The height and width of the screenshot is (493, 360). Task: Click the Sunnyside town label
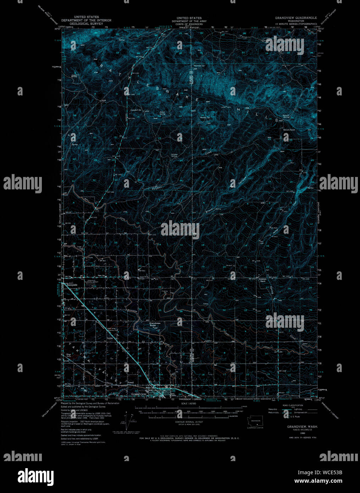coord(72,285)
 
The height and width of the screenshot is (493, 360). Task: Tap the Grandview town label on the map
coord(139,394)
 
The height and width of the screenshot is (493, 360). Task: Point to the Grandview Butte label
coord(155,324)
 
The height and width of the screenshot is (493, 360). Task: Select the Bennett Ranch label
coord(289,130)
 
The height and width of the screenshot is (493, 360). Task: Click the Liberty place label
coord(110,338)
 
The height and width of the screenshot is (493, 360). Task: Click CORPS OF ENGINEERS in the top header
coord(189,24)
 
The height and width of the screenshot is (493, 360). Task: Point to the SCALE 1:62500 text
coord(189,404)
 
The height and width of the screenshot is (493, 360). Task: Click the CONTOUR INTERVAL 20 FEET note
coord(189,422)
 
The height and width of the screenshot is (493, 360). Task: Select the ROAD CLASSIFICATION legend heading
coord(293,405)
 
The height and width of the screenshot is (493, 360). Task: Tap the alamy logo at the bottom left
coord(36,476)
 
